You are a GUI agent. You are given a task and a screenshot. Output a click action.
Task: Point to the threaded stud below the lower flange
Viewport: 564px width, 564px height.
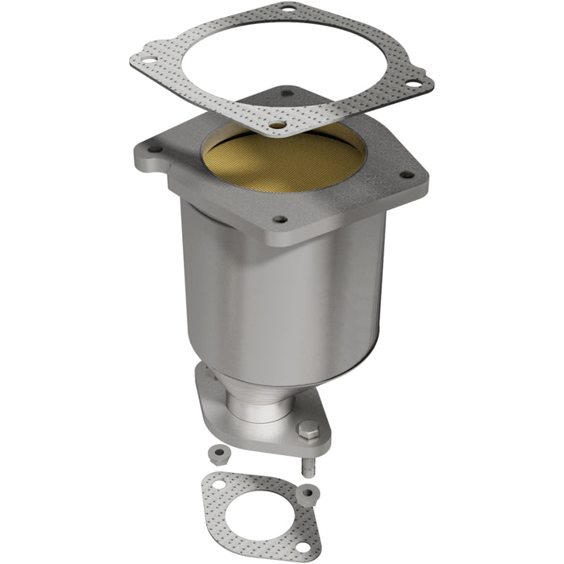(x=309, y=467)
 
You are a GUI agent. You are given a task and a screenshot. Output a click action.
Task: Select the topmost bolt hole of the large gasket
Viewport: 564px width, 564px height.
(x=286, y=9)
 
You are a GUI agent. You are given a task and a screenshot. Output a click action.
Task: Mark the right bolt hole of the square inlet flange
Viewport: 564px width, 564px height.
(x=406, y=174)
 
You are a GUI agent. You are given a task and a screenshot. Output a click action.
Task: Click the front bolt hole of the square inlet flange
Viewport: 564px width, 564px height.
(x=280, y=218)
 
